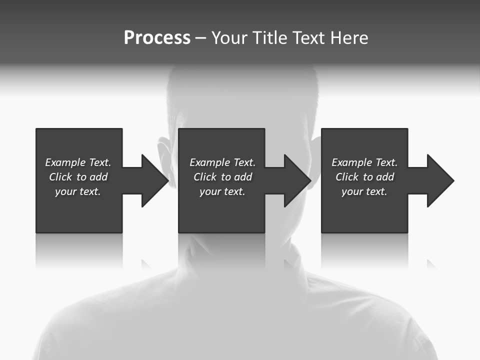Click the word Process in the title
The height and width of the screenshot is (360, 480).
[x=157, y=37]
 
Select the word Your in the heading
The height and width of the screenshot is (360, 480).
[x=229, y=38]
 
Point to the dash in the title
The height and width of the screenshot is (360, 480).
[x=200, y=38]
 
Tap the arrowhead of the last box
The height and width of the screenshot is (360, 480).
[x=439, y=180]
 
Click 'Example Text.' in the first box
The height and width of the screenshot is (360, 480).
[x=78, y=162]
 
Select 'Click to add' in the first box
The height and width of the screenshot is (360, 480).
[x=78, y=177]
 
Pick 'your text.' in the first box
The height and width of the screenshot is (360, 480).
[x=78, y=191]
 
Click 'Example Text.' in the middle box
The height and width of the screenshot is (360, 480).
[x=222, y=162]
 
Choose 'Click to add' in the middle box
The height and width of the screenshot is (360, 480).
[x=222, y=177]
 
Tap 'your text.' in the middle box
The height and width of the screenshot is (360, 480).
[x=222, y=191]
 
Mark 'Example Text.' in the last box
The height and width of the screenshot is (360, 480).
[x=364, y=162]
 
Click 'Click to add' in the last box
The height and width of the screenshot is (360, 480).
[x=364, y=177]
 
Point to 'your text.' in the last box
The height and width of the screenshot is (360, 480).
[x=364, y=191]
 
